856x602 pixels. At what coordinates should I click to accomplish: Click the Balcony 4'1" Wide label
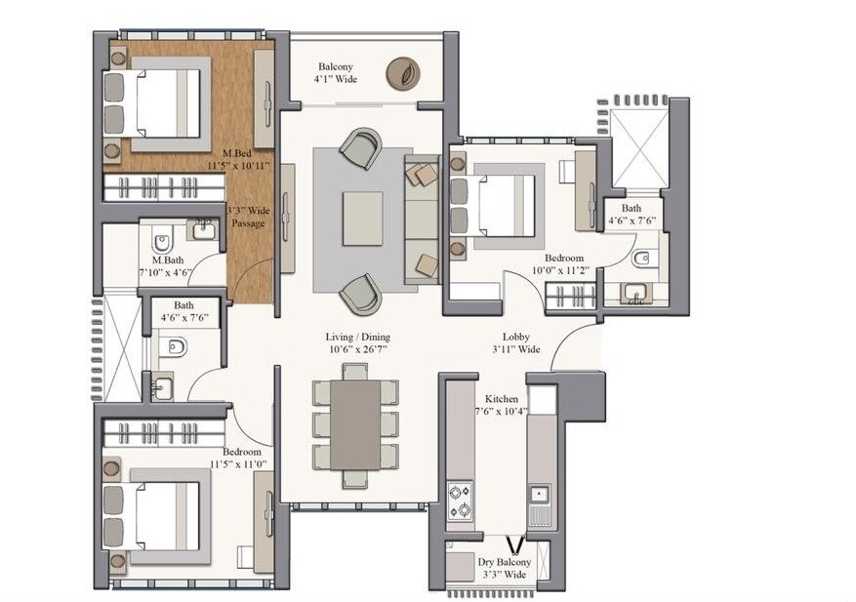[334, 73]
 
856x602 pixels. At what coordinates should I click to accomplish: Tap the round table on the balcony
[403, 72]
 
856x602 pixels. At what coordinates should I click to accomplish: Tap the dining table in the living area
[355, 425]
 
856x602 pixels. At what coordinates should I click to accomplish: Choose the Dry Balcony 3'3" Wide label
[504, 569]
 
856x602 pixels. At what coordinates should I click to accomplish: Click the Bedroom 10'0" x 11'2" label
[557, 264]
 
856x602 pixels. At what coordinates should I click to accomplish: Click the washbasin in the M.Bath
[202, 230]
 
